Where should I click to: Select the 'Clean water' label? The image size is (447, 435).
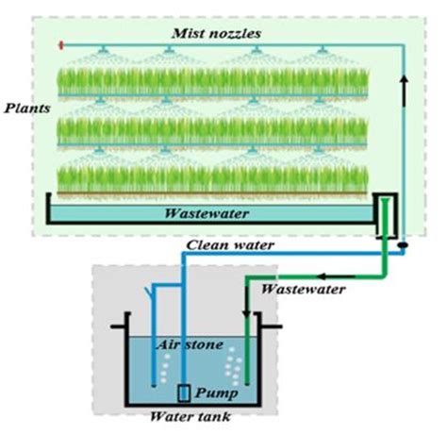pos(230,245)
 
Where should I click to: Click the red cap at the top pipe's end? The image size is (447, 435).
pos(60,44)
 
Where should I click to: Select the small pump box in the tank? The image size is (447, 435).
pos(184,391)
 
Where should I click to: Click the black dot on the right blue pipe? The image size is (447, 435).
pos(403,246)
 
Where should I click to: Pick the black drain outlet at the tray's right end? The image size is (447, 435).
pos(384,216)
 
